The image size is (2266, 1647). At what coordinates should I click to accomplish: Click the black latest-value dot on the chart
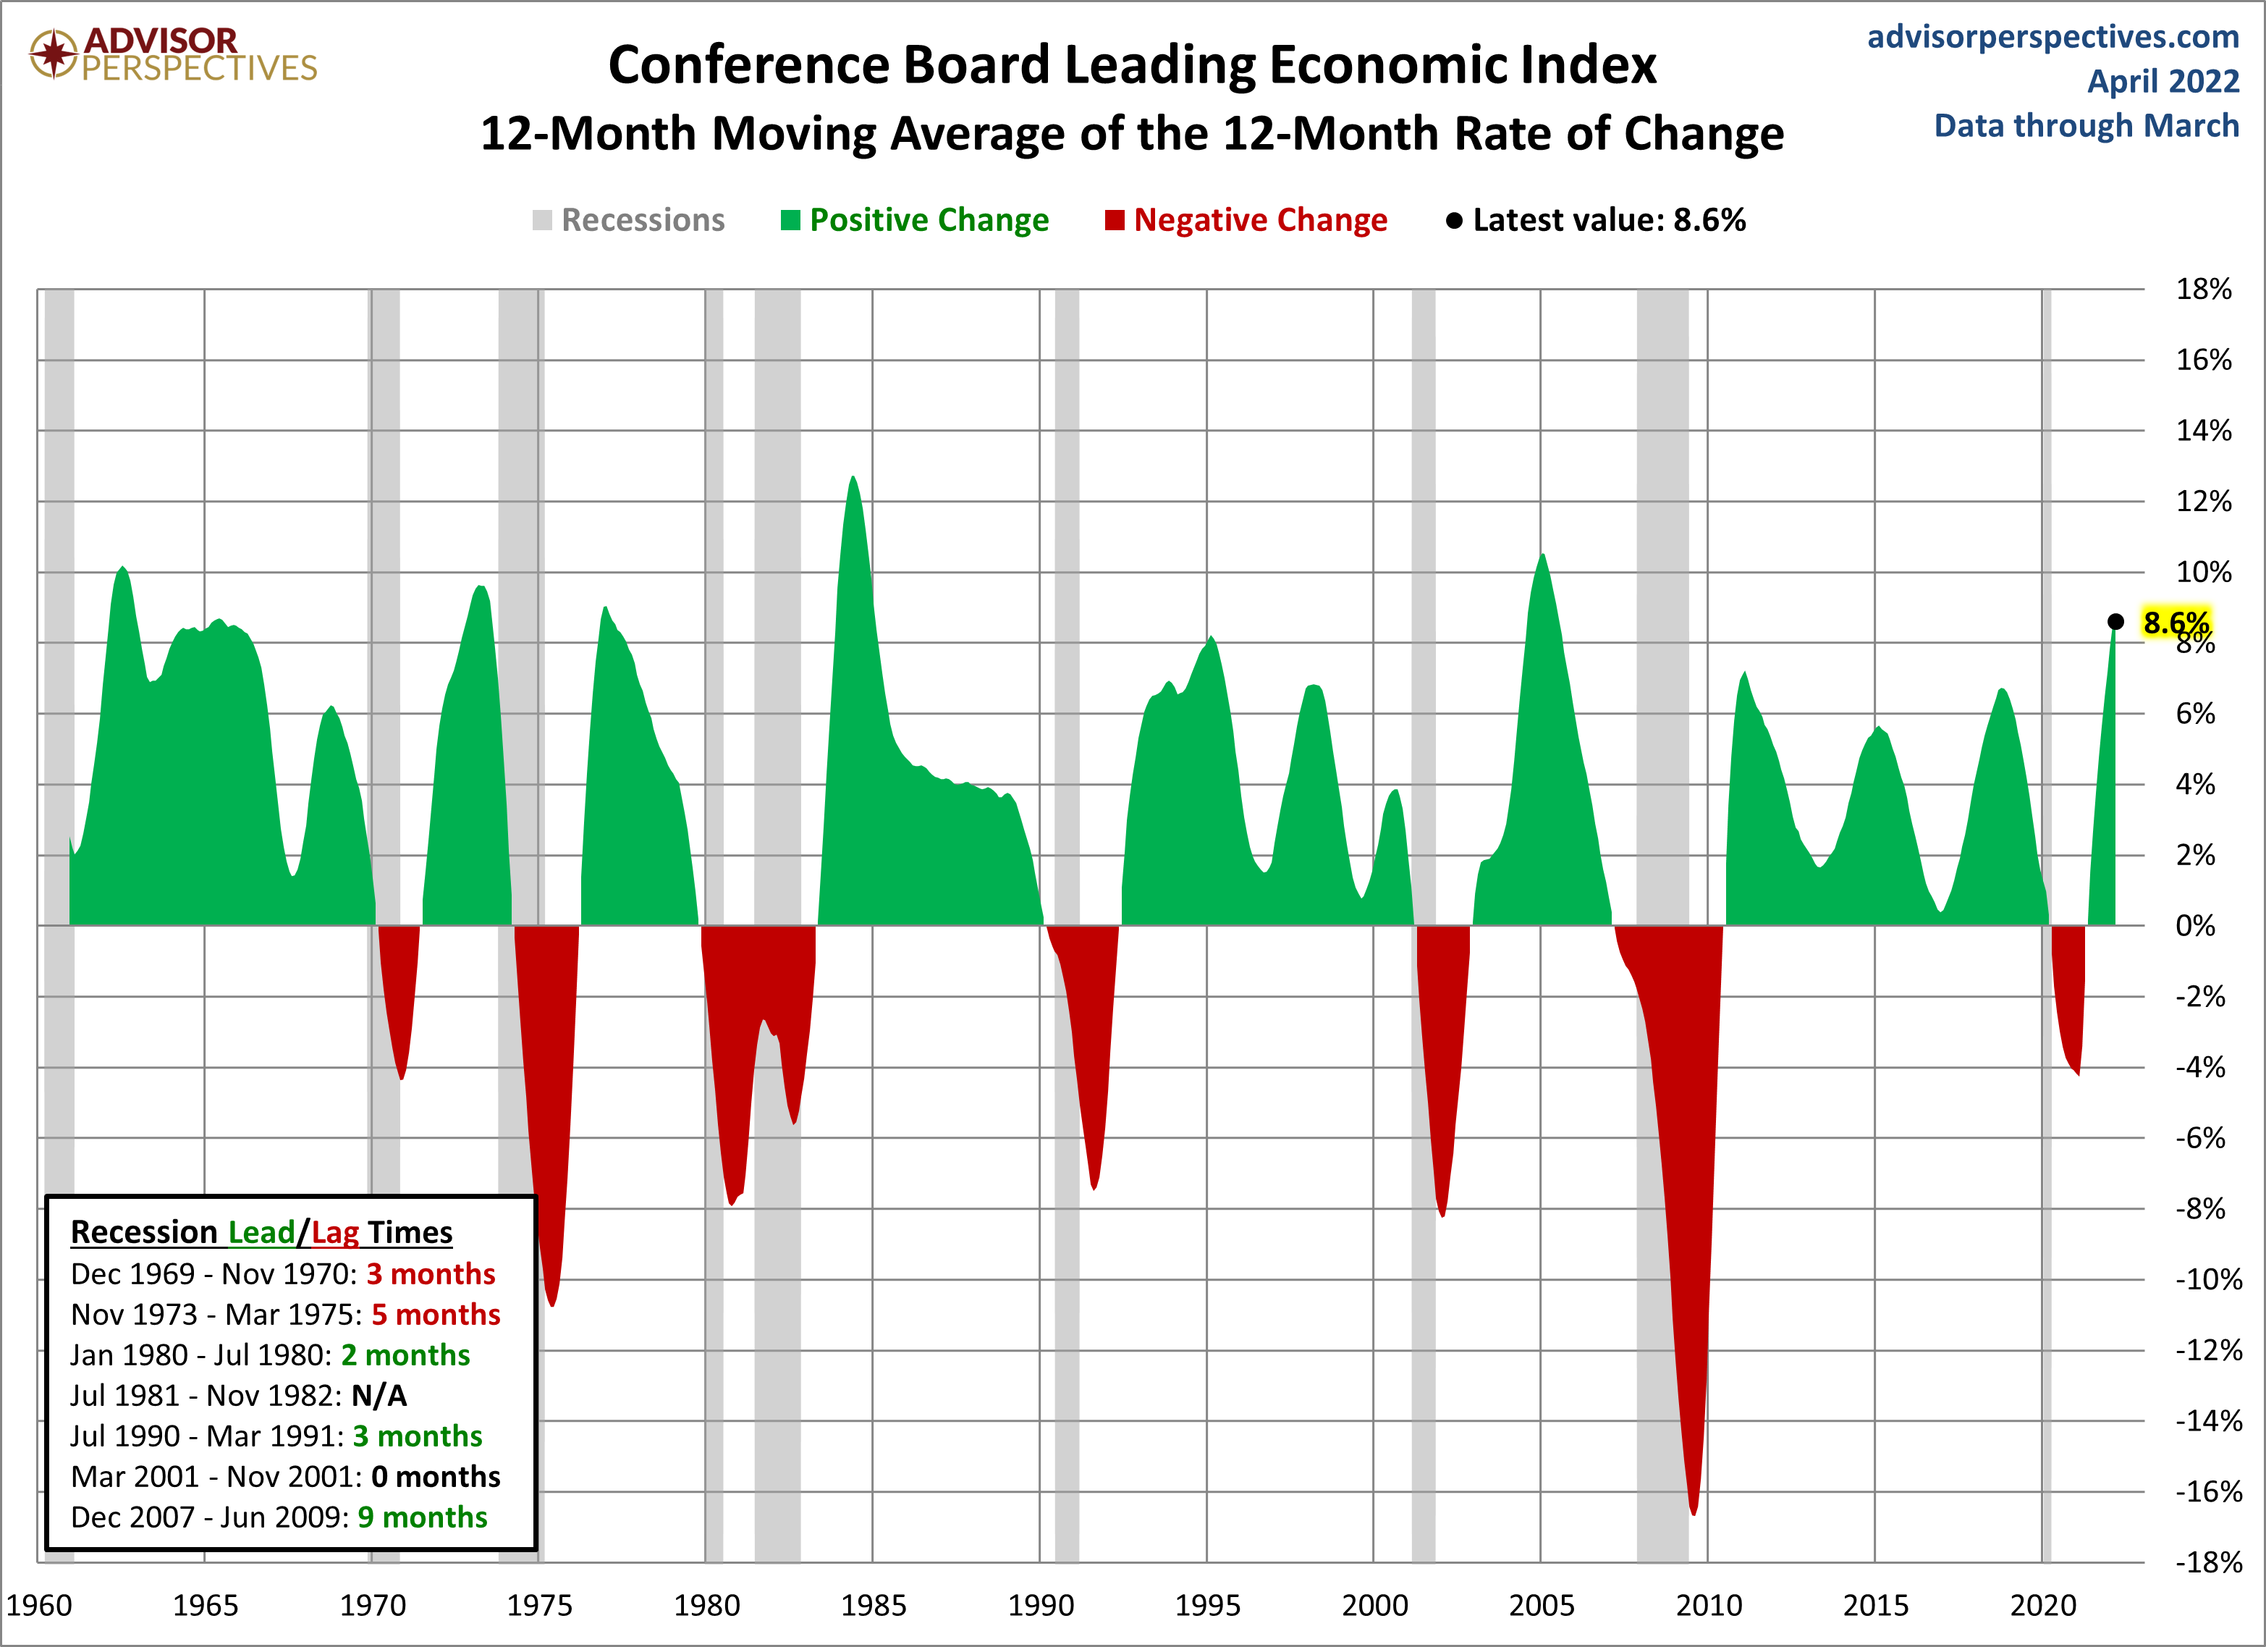coord(2115,622)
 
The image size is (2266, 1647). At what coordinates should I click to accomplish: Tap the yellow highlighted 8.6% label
coord(2175,623)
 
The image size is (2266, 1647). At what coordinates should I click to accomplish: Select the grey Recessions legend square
coord(541,220)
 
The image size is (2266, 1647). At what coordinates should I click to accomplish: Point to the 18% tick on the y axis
coord(2203,290)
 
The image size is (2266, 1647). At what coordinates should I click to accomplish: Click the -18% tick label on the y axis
coord(2208,1562)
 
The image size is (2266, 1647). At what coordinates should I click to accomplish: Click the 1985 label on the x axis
coord(874,1605)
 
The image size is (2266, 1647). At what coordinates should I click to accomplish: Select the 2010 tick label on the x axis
coord(1709,1605)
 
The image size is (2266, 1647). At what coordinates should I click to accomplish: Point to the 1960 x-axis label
coord(40,1605)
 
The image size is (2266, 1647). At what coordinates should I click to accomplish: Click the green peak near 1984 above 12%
coord(853,480)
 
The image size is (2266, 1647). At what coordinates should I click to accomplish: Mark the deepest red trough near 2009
coord(1694,1511)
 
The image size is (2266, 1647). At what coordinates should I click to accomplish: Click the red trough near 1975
coord(552,1302)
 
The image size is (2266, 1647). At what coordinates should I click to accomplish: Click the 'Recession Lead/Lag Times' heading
coord(262,1232)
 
